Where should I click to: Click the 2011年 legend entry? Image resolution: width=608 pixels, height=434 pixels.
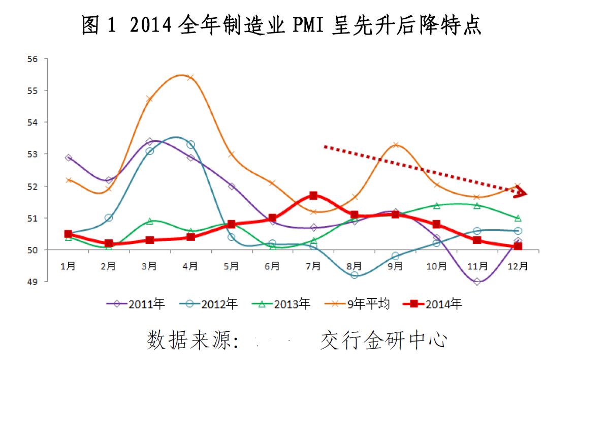136,304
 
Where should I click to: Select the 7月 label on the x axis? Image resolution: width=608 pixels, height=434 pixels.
313,266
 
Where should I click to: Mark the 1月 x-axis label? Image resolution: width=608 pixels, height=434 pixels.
68,266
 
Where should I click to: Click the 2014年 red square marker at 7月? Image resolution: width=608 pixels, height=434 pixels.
313,195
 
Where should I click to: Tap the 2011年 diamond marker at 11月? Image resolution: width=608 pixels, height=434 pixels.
477,282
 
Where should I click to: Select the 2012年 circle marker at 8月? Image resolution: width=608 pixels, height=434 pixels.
355,275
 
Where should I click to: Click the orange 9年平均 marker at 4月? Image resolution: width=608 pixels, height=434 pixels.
190,77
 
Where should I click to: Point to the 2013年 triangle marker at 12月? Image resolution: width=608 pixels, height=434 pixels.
518,218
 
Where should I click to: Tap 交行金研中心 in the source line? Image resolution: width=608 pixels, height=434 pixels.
383,340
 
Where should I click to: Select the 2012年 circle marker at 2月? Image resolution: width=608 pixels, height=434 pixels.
109,218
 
